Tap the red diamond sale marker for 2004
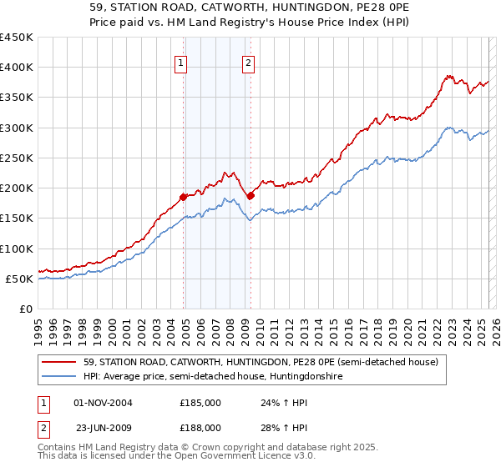pyautogui.click(x=182, y=198)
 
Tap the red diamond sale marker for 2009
pyautogui.click(x=250, y=196)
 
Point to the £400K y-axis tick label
pyautogui.click(x=17, y=68)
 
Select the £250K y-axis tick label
pyautogui.click(x=17, y=158)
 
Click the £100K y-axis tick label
pyautogui.click(x=17, y=249)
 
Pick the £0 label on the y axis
pyautogui.click(x=25, y=309)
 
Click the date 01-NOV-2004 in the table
pyautogui.click(x=104, y=403)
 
